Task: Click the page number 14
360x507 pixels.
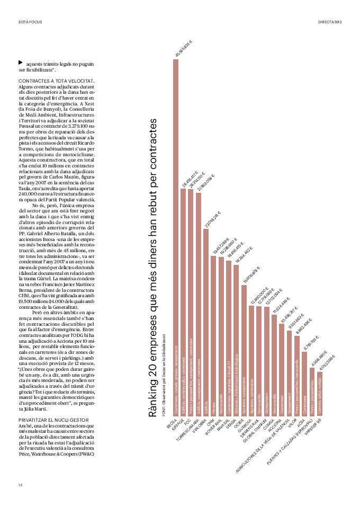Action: (x=20, y=485)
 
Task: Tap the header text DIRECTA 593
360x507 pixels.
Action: (x=329, y=22)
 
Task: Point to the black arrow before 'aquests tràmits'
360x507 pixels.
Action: (x=21, y=63)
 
